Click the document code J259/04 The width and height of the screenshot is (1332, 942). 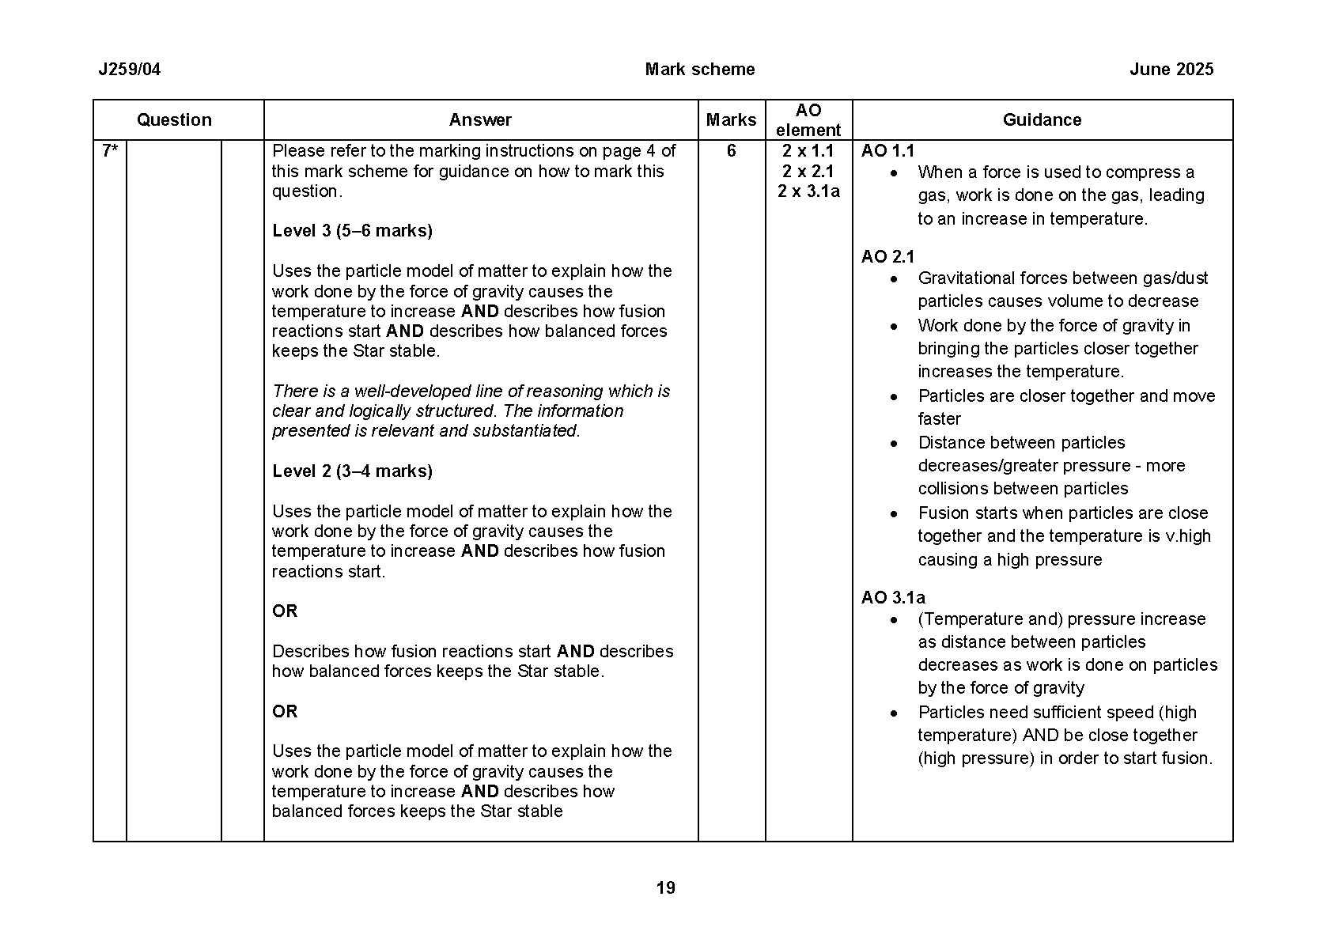tap(129, 70)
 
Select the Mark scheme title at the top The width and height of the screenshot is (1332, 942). tap(699, 70)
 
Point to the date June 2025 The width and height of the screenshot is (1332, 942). tap(1171, 70)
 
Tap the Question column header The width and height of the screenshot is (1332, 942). tap(174, 120)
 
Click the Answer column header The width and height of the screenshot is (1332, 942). tap(480, 120)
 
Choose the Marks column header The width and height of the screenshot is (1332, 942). tap(731, 120)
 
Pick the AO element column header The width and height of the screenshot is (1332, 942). tap(808, 120)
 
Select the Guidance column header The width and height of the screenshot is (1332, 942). tap(1042, 120)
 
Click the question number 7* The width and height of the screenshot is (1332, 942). tap(110, 151)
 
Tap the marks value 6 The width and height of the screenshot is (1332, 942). tap(731, 151)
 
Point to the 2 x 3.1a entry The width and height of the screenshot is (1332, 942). tap(808, 191)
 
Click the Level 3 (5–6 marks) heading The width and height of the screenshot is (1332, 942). tap(352, 231)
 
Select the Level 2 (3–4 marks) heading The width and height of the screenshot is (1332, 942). tap(352, 471)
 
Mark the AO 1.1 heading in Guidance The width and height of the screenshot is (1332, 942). tap(887, 151)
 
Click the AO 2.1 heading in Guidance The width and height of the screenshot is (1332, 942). tap(887, 257)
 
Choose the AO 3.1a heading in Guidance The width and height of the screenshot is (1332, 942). tap(893, 598)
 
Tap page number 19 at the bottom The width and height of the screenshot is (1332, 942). tap(665, 888)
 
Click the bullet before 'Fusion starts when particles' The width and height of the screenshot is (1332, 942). tap(894, 514)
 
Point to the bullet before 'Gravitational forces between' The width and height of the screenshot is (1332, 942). tap(894, 279)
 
